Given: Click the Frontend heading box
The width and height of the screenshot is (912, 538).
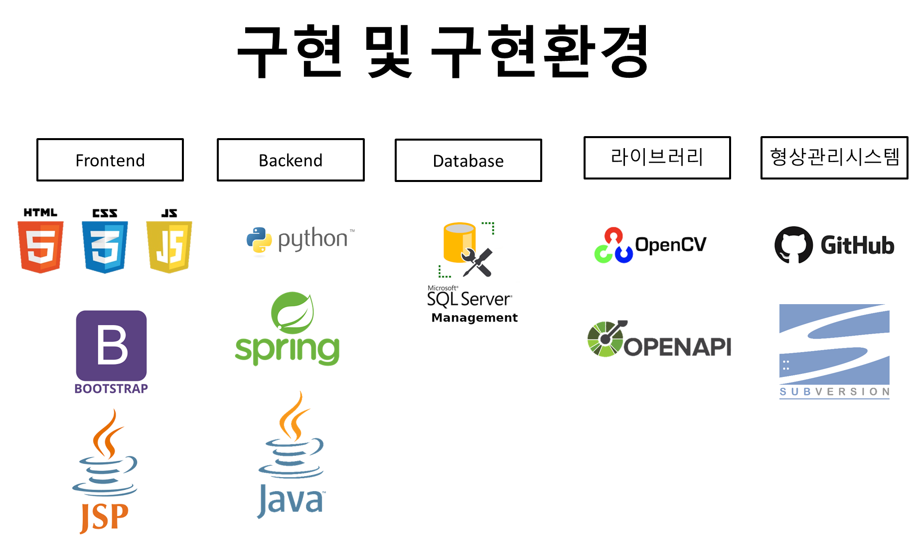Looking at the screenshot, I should tap(110, 160).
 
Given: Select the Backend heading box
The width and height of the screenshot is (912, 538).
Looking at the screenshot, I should tap(291, 160).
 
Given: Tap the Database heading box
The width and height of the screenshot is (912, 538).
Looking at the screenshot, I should tap(468, 161).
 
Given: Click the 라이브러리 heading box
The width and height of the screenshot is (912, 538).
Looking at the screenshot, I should tap(657, 158).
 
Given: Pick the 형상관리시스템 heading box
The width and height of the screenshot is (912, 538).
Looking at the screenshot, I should tap(834, 158).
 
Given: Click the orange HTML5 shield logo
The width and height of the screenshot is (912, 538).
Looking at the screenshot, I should tap(40, 246).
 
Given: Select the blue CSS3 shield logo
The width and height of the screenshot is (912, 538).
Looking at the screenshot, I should tap(105, 246).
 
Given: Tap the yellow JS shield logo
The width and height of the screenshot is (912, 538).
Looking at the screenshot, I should tap(169, 246).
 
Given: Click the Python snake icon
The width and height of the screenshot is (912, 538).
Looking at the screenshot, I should tap(259, 241).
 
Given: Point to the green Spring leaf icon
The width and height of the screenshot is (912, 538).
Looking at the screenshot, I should tap(293, 313).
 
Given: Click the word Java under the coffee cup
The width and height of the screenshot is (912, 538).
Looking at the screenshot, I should tap(291, 500).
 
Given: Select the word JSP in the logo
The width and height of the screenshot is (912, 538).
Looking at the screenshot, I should tap(104, 518).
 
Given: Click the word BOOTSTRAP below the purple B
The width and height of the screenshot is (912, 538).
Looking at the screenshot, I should tap(111, 388).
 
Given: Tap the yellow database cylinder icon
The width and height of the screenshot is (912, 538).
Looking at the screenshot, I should tap(459, 242).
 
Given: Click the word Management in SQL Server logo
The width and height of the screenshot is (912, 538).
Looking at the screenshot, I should tap(474, 318).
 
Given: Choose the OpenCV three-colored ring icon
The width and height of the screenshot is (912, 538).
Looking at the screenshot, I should tap(613, 245).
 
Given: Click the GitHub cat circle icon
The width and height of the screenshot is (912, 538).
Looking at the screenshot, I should tap(793, 245).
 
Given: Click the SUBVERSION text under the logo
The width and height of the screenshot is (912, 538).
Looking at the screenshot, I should tap(834, 392).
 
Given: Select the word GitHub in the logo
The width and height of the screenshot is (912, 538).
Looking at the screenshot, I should tap(857, 245).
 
